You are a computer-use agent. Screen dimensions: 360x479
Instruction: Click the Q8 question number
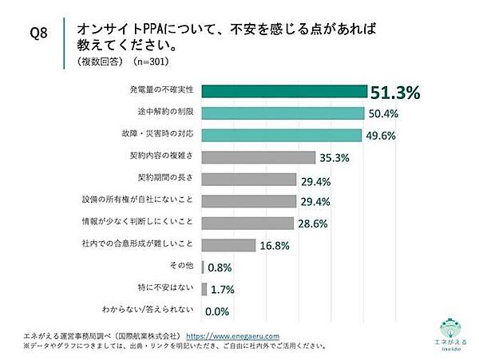[40, 34]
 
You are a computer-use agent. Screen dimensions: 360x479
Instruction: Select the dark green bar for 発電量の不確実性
[285, 92]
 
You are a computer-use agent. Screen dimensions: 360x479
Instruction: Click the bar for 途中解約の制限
[283, 113]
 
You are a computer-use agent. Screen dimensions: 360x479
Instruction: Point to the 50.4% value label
[386, 114]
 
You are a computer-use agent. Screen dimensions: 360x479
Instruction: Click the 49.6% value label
[386, 136]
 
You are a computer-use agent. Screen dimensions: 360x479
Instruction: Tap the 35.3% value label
[335, 158]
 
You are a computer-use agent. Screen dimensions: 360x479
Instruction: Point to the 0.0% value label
[218, 311]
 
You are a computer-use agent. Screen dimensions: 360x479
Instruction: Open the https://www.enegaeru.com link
[225, 336]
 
